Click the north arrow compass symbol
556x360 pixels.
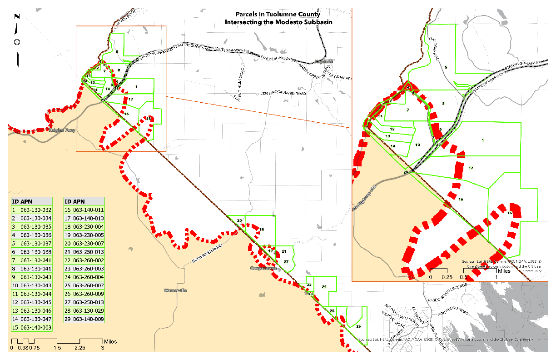[18, 42]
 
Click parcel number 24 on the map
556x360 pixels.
[324, 287]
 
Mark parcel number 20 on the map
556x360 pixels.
[239, 221]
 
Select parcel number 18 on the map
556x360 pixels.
[262, 230]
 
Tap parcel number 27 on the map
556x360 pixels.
[286, 262]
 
